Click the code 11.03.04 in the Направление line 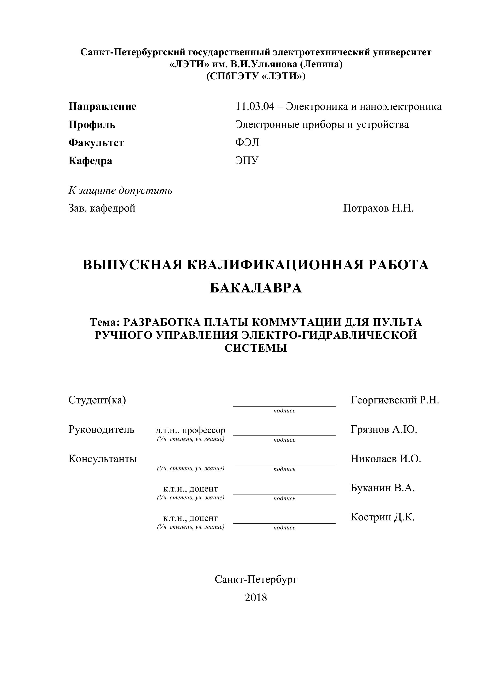[x=254, y=107]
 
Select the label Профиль [x=92, y=125]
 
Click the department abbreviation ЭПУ [x=247, y=160]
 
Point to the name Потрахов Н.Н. [x=378, y=209]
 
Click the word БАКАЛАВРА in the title [x=256, y=288]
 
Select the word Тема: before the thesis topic [x=105, y=323]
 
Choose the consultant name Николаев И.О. [x=386, y=459]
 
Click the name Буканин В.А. [x=383, y=488]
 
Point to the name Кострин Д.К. [x=382, y=517]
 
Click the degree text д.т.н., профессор [x=190, y=430]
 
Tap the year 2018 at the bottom [x=256, y=598]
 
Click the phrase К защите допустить [x=120, y=191]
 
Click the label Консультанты [x=103, y=459]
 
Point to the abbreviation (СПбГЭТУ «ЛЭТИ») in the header [x=256, y=76]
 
